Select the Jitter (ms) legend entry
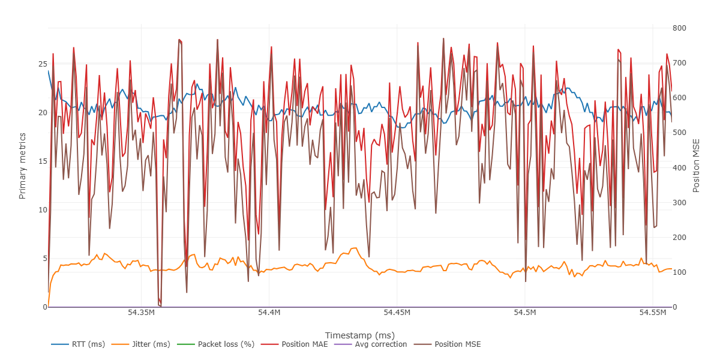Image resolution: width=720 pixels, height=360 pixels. (x=151, y=344)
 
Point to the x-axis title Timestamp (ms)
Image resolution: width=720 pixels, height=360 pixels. (x=360, y=335)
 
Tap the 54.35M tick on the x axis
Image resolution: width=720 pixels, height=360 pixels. (x=141, y=313)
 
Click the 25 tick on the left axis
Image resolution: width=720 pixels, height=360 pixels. (x=43, y=64)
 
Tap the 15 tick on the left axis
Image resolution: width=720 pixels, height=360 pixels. (x=43, y=161)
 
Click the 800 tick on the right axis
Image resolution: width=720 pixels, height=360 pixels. (x=679, y=28)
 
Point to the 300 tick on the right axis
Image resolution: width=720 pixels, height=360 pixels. (x=679, y=203)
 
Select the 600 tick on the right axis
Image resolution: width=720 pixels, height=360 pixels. (x=679, y=98)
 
